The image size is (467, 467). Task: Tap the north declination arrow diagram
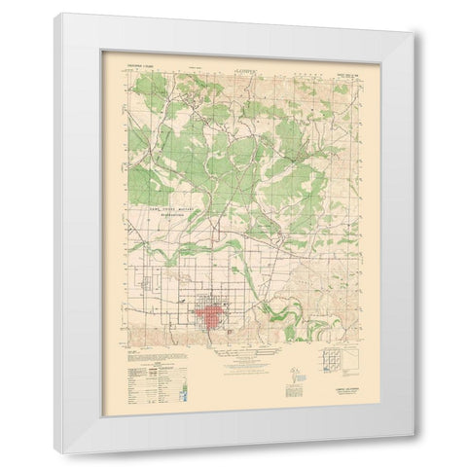[x=293, y=373]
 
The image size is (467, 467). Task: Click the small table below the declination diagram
[x=293, y=392]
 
